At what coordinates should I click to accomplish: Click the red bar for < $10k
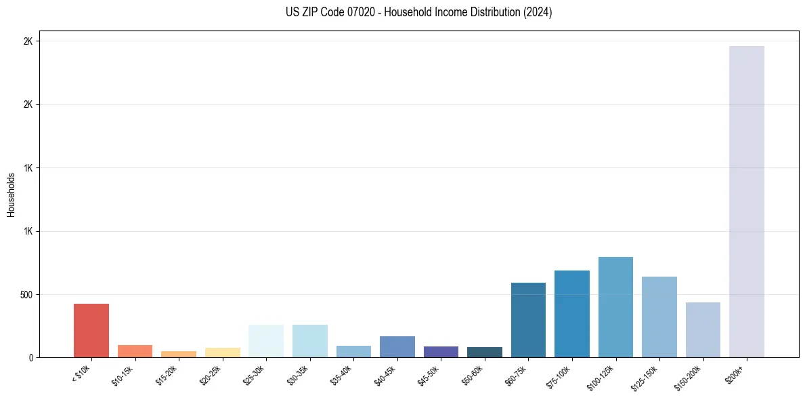91,330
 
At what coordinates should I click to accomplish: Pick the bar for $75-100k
572,314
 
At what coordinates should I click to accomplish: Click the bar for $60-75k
528,320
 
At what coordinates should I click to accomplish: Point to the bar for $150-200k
703,330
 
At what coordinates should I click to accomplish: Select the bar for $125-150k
659,317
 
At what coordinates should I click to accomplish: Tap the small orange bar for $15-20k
179,354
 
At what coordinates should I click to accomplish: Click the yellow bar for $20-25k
223,353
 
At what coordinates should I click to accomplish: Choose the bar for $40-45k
397,346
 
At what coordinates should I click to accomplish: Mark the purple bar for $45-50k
441,352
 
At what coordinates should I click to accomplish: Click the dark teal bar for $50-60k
485,353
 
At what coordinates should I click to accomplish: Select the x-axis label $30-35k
299,375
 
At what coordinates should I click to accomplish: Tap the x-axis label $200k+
736,372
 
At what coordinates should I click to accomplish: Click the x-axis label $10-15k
123,375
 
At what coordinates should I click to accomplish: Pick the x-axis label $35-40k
342,375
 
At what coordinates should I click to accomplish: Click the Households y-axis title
12,194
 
